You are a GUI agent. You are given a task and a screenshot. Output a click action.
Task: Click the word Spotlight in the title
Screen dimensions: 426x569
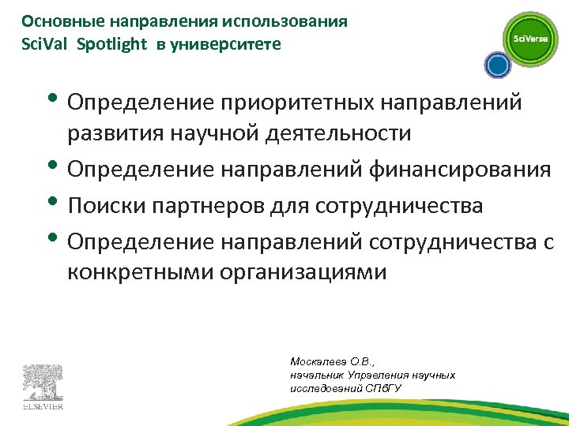coord(112,43)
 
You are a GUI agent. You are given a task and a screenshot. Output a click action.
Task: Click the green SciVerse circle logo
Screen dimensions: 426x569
coord(530,39)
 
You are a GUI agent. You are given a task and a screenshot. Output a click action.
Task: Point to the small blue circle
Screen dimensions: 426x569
coord(496,66)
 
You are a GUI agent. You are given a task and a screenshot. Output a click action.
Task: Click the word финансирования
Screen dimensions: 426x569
coord(470,170)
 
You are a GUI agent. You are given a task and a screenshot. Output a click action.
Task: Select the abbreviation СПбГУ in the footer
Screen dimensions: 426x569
coord(381,387)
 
